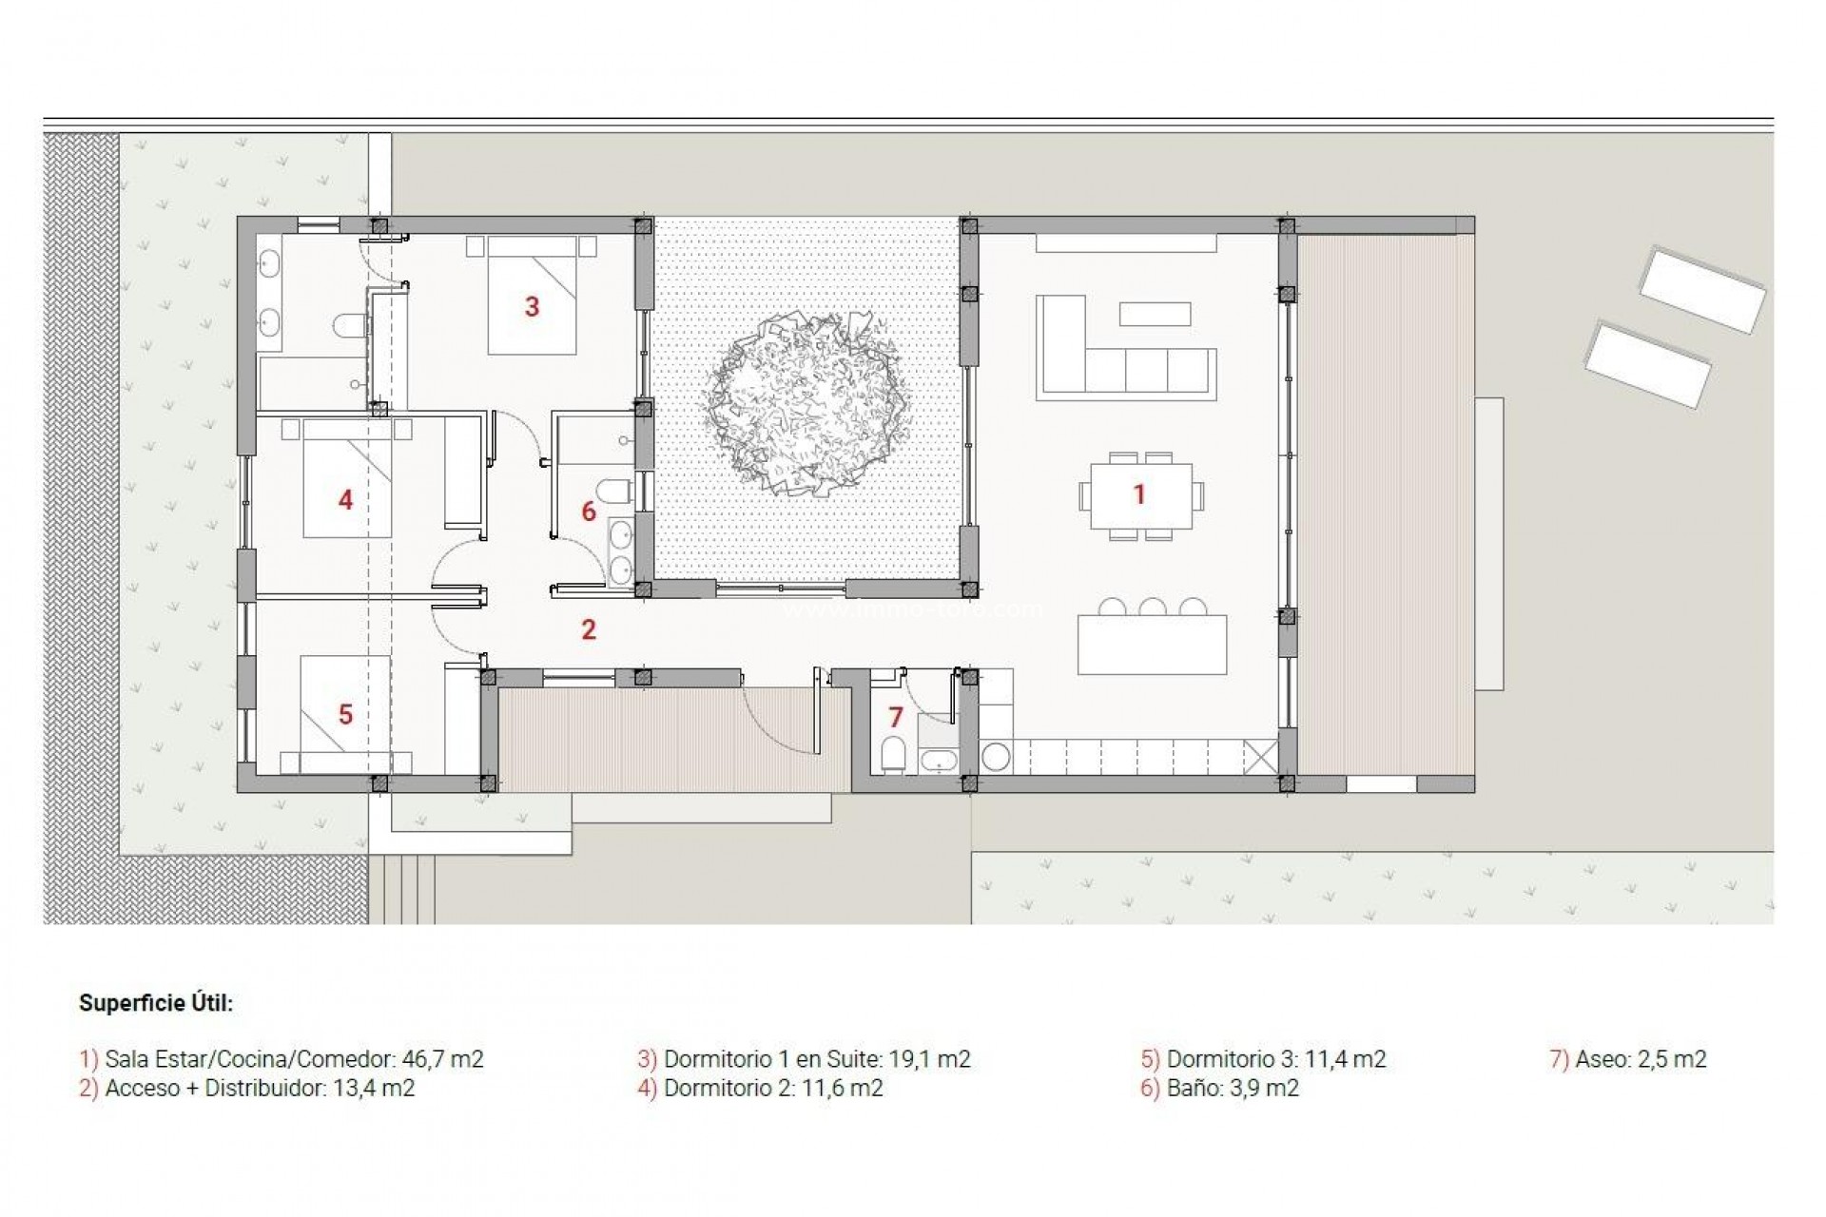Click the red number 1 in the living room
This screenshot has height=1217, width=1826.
point(1139,494)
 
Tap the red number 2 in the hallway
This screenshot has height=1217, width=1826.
point(589,629)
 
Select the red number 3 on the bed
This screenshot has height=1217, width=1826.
point(533,306)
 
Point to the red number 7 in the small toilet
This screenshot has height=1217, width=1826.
point(895,717)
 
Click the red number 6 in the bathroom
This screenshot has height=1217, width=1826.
point(589,512)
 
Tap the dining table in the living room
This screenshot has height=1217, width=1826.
point(1141,495)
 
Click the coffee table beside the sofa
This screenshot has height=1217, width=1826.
point(1155,314)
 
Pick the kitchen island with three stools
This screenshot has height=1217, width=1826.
point(1152,645)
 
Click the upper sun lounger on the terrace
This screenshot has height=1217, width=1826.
point(1701,290)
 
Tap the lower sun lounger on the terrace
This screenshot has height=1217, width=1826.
point(1647,365)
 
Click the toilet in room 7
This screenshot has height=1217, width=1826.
point(894,754)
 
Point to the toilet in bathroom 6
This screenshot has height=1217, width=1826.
point(617,493)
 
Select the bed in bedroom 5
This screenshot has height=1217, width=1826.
point(344,713)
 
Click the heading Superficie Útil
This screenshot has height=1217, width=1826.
point(156,1003)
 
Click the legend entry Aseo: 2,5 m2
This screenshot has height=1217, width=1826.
point(1628,1059)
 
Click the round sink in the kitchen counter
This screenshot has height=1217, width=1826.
point(996,757)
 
